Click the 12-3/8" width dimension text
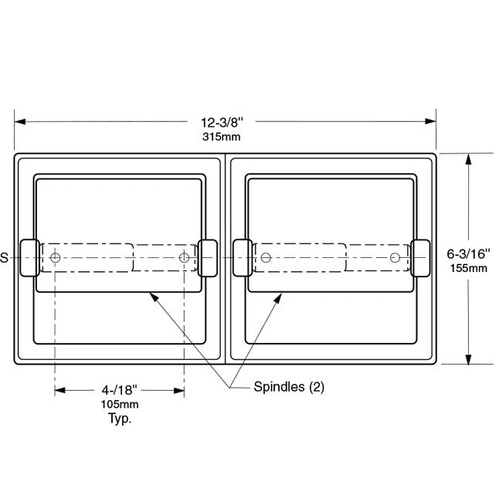(222, 123)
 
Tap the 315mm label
(221, 137)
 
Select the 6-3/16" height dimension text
(468, 254)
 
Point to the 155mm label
(469, 268)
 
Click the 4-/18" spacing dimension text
(119, 390)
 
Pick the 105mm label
(120, 404)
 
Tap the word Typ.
(120, 419)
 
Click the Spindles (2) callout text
(289, 387)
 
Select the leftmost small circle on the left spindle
(56, 257)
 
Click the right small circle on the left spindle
(184, 257)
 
